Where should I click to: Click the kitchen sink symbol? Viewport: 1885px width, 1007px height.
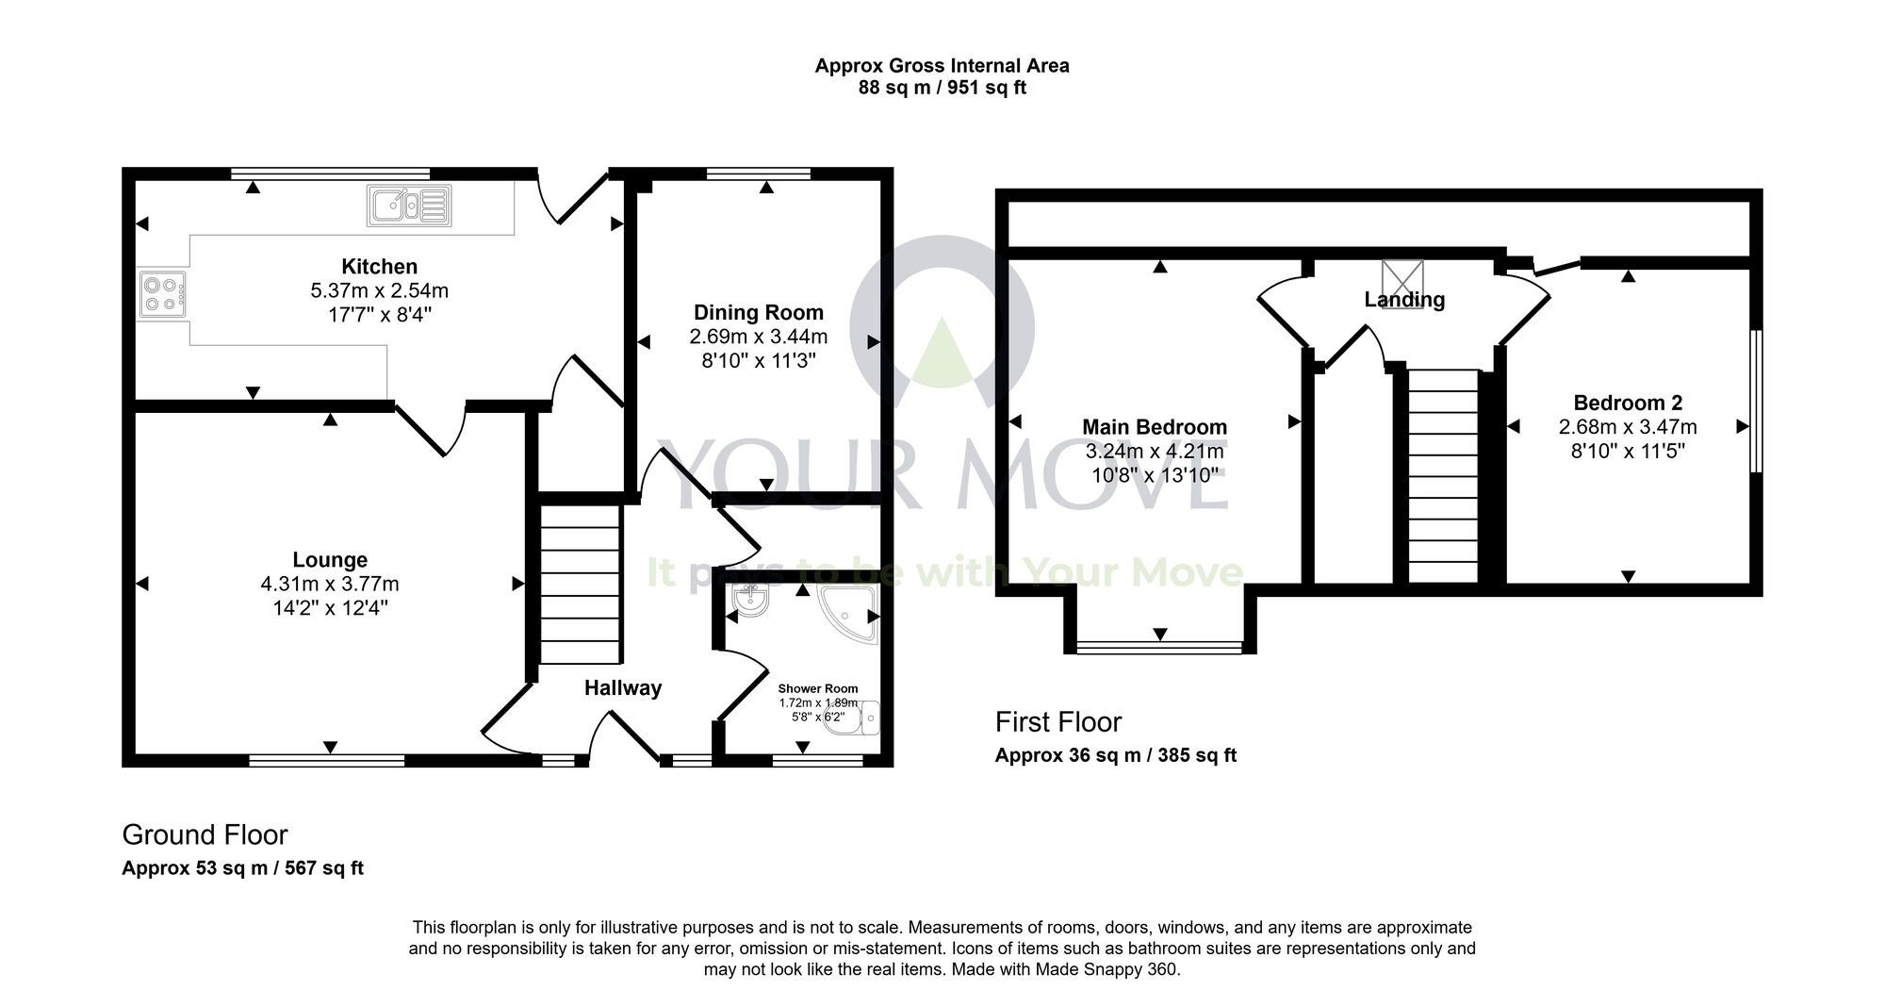(410, 206)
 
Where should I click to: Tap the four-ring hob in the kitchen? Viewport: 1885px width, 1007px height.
(161, 294)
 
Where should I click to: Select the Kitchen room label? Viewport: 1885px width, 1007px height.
(379, 267)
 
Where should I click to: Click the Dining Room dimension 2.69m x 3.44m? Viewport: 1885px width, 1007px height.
(758, 337)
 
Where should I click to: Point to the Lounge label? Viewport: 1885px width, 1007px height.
(330, 560)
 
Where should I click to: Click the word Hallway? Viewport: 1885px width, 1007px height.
(622, 688)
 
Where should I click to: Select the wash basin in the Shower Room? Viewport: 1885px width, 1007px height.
(751, 601)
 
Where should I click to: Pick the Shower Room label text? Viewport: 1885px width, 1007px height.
(817, 689)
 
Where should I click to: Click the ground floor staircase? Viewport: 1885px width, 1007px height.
(580, 585)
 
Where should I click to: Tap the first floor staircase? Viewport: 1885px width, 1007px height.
(1442, 476)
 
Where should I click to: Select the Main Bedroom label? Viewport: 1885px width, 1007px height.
(1155, 427)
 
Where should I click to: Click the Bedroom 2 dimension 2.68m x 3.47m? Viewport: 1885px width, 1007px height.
(1628, 427)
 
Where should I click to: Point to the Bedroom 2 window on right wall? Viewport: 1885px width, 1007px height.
(1756, 401)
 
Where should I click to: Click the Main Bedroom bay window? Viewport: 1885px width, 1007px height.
(1160, 647)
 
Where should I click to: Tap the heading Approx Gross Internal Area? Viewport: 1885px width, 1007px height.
(942, 66)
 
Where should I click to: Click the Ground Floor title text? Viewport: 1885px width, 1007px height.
(205, 834)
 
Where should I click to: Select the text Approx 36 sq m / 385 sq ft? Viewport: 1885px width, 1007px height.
(1115, 755)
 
